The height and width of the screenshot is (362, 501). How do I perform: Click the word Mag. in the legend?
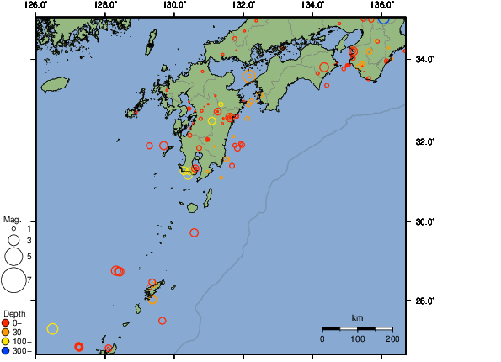[x=13, y=219]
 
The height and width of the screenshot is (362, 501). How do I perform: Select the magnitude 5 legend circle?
[x=13, y=255]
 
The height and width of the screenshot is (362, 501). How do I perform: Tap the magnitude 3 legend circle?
[x=13, y=240]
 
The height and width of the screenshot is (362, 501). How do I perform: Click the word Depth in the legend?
[x=14, y=313]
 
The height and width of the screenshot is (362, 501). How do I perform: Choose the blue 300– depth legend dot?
[x=6, y=350]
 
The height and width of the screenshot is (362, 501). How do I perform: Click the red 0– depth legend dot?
[x=6, y=322]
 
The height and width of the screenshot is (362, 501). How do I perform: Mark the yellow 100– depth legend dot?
[x=6, y=341]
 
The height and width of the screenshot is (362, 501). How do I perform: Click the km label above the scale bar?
[x=357, y=317]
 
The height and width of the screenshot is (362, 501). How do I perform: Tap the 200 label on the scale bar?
[x=392, y=338]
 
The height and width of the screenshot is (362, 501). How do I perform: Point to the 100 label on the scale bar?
[x=357, y=338]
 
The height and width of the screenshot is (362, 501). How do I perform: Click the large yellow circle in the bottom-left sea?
[x=52, y=328]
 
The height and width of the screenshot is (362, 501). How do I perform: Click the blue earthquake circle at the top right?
[x=384, y=19]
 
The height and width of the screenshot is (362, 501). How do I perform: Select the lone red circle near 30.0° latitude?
[x=195, y=232]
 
